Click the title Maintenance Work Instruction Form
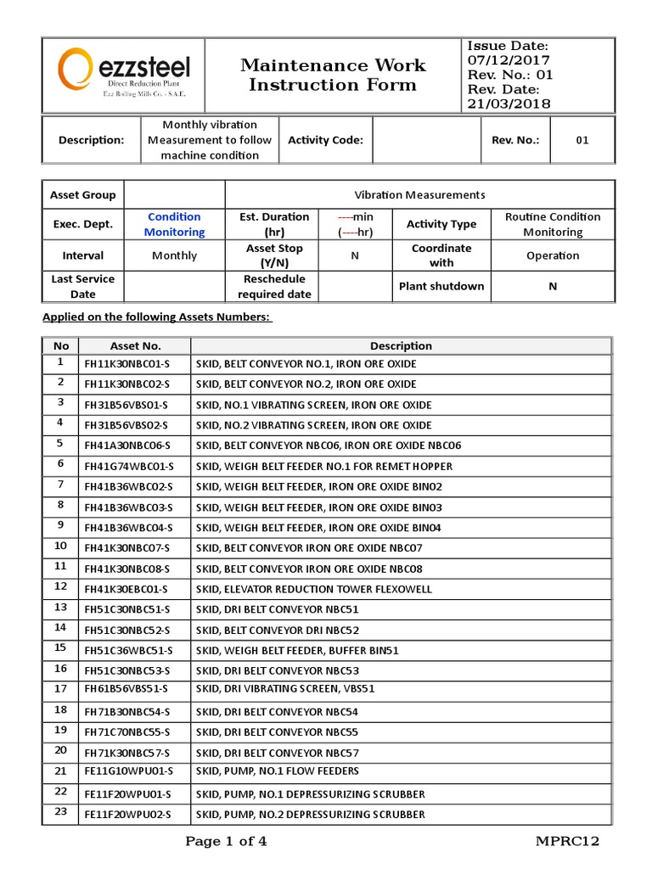coord(333,75)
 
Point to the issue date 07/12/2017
coord(508,60)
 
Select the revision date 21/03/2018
coord(508,104)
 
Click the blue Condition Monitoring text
coord(174,224)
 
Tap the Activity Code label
coord(325,140)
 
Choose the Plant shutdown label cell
coord(441,286)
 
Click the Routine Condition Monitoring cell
coord(552,224)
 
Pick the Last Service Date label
coord(83,286)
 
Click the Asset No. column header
coord(135,345)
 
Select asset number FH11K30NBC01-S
coord(127,364)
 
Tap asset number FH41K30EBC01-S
coord(126,588)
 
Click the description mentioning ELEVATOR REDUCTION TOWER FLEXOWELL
coord(313,588)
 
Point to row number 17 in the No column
coord(60,688)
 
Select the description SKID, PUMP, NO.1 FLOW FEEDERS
coord(278,771)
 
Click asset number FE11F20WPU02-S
coord(127,814)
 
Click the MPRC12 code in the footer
coord(567,842)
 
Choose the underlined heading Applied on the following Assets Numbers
coord(156,317)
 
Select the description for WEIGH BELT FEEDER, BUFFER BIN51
coord(297,650)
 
